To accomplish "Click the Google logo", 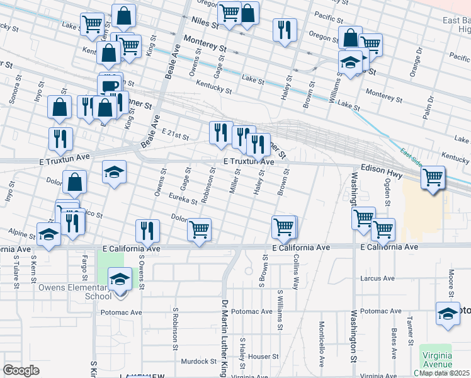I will [21, 370].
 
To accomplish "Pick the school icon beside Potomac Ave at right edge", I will [448, 313].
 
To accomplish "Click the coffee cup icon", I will [110, 86].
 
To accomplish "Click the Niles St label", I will [201, 23].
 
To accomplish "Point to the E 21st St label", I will [175, 134].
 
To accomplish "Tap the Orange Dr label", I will [414, 66].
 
